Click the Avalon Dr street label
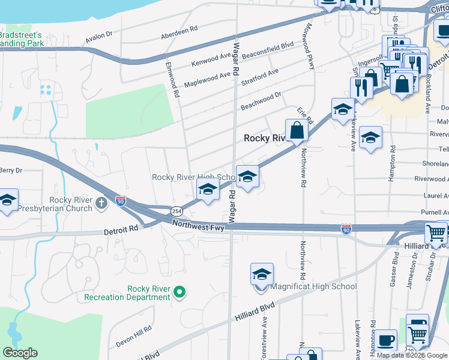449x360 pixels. coord(99,37)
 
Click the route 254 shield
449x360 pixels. coord(176,211)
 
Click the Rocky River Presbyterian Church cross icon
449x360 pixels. coord(101,205)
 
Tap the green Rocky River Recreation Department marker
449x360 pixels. coord(178,292)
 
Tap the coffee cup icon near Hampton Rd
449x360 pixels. coord(386,340)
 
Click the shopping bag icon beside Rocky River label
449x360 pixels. coord(297,130)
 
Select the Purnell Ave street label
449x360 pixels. coord(434,212)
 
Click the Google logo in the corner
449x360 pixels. coord(20,353)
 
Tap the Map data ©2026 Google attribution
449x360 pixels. coord(412,355)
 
